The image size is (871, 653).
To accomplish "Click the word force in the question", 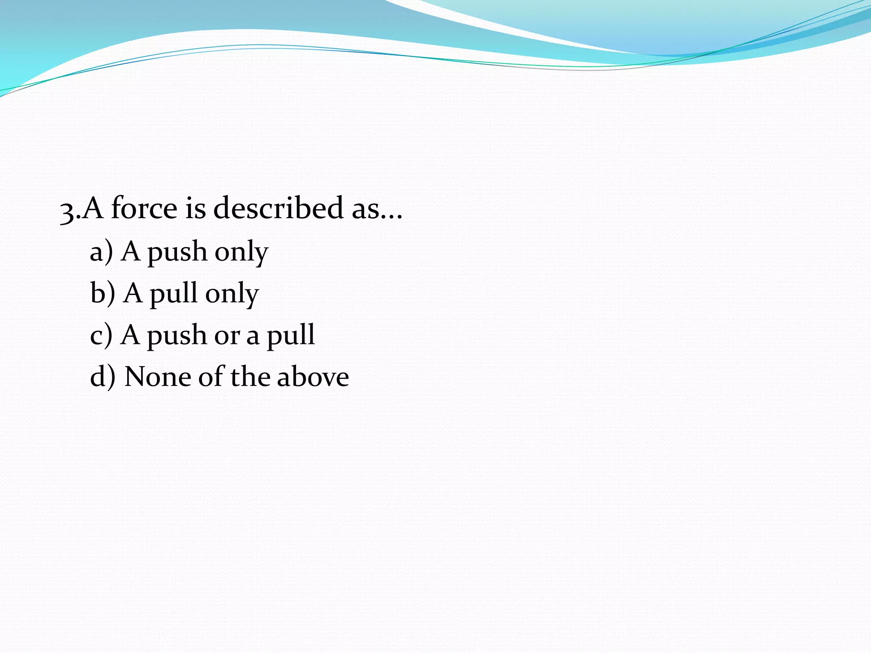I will tap(144, 208).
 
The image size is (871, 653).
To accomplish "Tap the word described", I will tap(278, 208).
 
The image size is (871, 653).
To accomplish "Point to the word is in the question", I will tap(195, 208).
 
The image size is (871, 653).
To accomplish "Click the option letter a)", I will tap(101, 251).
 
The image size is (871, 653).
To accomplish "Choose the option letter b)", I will tap(102, 293).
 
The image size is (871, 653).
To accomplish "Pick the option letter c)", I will tap(101, 335).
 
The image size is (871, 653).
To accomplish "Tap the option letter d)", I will tap(102, 377).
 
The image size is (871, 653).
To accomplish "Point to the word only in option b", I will tap(232, 295).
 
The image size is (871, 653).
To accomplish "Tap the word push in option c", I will tap(176, 337).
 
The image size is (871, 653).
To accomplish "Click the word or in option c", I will tap(227, 337).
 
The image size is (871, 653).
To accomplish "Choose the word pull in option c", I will tap(290, 337).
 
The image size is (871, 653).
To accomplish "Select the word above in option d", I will tap(313, 377).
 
